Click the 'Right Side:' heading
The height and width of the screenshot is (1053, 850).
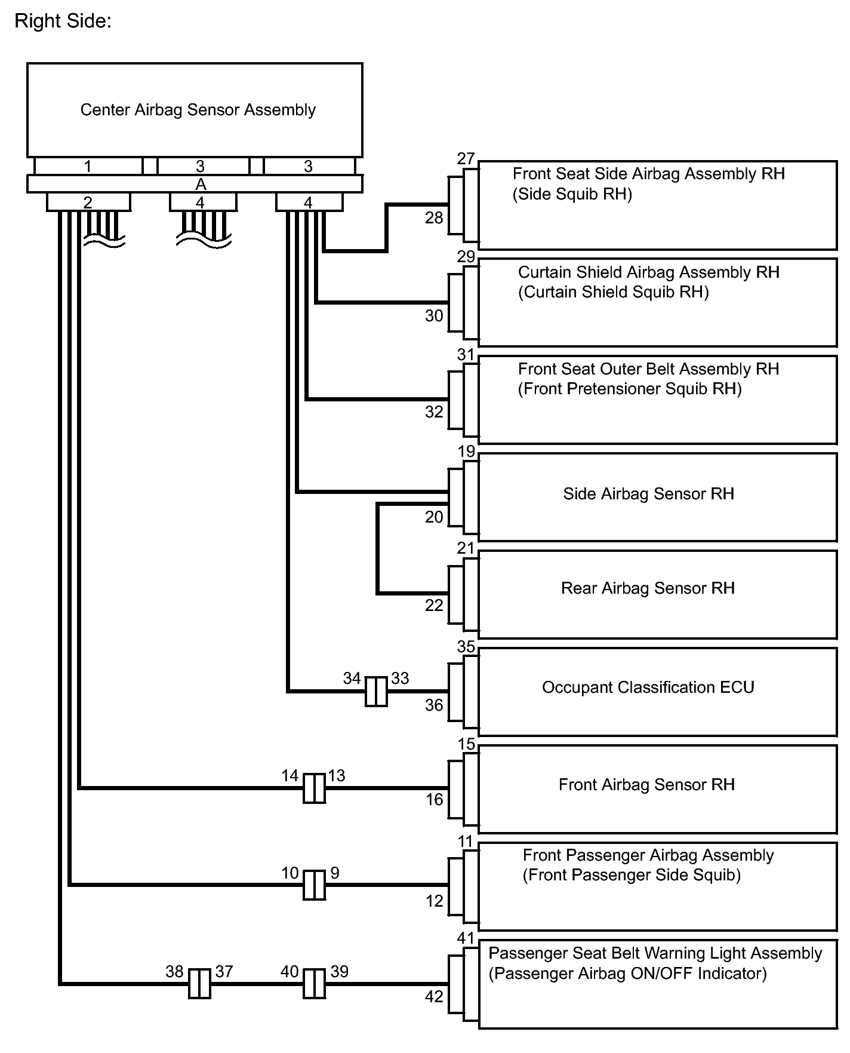[63, 22]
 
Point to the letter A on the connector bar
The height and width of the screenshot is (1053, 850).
[201, 185]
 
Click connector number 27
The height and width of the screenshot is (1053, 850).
[466, 159]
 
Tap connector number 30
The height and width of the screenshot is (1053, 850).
[434, 316]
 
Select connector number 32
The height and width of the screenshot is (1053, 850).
[434, 412]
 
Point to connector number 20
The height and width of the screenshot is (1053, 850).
[434, 517]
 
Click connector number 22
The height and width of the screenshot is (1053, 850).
[434, 606]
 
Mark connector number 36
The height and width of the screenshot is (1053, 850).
[434, 705]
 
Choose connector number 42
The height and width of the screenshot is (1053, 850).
[434, 997]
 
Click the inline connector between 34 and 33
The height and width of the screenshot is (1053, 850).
[376, 692]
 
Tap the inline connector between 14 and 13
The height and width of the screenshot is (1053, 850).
[315, 788]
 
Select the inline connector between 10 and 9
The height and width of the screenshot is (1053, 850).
[315, 885]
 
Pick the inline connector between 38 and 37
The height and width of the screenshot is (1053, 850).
[199, 984]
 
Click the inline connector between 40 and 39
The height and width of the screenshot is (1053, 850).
[315, 984]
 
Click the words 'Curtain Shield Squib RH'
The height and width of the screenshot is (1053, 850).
[613, 293]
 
